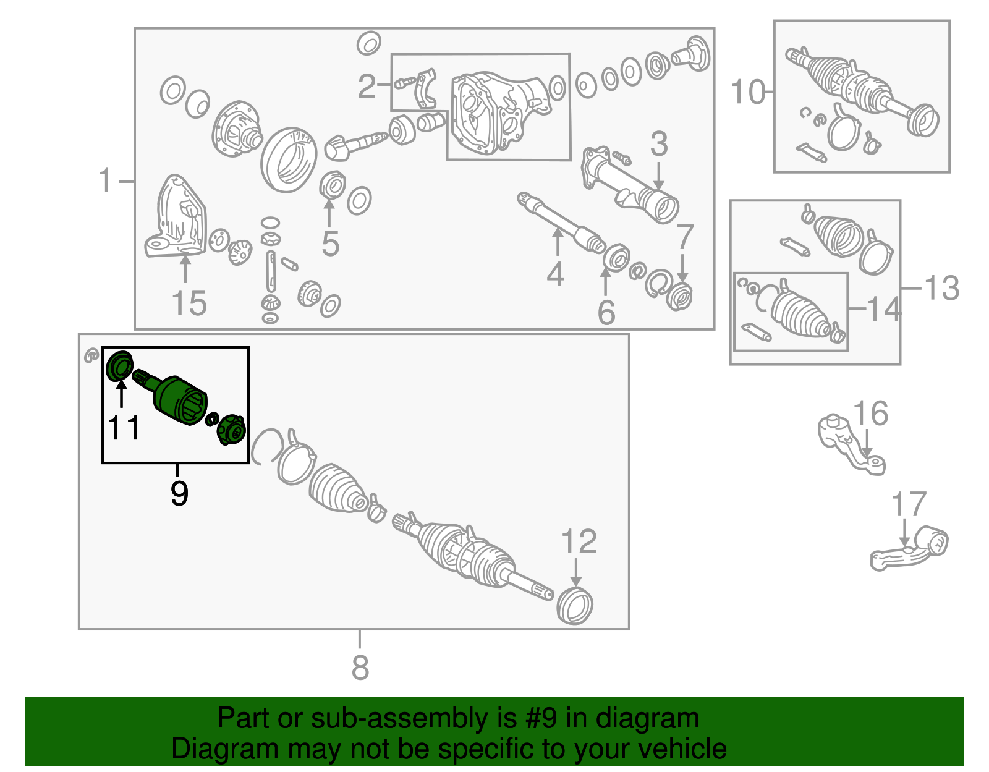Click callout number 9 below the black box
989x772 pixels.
(179, 494)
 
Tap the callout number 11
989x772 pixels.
(124, 428)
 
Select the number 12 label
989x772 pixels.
(579, 541)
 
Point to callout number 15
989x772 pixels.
(189, 303)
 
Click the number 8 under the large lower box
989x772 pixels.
(360, 668)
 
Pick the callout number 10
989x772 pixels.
(748, 92)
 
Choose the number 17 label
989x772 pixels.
(909, 504)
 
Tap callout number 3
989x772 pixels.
(658, 144)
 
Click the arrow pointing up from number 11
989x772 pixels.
(121, 394)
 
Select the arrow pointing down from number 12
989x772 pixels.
(575, 572)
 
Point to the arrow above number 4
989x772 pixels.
(557, 242)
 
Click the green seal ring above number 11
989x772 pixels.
(119, 365)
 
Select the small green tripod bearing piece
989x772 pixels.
(232, 430)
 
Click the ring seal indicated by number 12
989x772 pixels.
(575, 606)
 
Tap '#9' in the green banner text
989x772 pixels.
(541, 718)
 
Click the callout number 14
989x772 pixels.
(884, 309)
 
